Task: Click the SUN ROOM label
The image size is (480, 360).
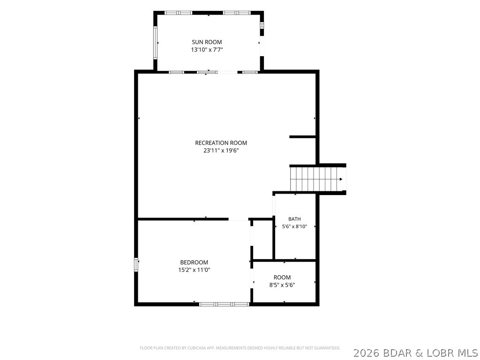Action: click(207, 42)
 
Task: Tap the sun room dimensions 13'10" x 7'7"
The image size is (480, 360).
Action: click(207, 50)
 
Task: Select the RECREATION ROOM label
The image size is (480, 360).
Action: click(221, 142)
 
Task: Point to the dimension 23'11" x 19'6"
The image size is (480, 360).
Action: click(221, 150)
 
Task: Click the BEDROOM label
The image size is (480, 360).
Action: click(194, 262)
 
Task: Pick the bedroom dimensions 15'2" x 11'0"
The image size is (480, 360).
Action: click(194, 270)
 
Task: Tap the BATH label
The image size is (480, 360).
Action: click(294, 219)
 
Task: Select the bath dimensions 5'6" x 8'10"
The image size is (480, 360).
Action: click(294, 226)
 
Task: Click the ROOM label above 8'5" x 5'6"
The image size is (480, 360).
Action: click(282, 277)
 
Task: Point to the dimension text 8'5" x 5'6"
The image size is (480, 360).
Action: click(282, 285)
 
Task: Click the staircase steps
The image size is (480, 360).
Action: click(316, 179)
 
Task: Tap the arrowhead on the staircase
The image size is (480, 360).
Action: click(341, 180)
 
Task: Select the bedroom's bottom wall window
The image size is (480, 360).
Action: click(224, 304)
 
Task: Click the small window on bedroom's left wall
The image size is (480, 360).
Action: click(136, 264)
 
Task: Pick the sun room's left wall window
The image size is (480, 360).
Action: click(156, 43)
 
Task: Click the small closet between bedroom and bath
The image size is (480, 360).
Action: click(262, 240)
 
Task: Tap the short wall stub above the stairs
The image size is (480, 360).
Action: click(302, 137)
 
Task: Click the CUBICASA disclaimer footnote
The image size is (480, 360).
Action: click(240, 348)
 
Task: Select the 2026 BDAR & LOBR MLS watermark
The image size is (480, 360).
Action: click(416, 353)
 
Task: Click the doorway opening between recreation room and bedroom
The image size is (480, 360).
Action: click(238, 219)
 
